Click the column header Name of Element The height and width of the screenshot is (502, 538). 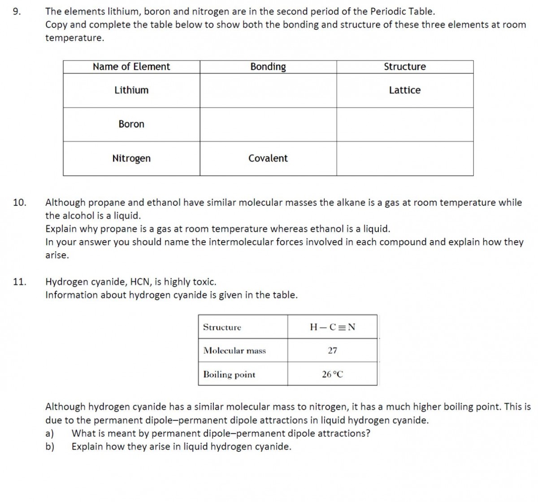(131, 67)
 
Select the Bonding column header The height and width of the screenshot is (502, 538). (268, 67)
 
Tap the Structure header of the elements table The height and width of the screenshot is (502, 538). (405, 67)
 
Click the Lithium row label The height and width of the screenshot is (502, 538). (131, 90)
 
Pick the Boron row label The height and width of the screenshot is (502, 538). (131, 124)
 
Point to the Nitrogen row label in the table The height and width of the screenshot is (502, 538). (131, 158)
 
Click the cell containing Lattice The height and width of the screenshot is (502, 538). (405, 90)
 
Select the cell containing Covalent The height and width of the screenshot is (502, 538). (268, 158)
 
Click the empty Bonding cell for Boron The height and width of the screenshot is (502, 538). (268, 124)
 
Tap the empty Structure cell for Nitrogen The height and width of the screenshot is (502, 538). (405, 158)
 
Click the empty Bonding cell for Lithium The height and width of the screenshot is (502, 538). (268, 90)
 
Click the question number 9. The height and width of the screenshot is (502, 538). (17, 12)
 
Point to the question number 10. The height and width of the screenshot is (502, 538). (19, 203)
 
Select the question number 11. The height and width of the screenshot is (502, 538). (19, 282)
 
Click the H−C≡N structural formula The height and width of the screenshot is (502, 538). (332, 327)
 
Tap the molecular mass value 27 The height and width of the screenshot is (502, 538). (332, 351)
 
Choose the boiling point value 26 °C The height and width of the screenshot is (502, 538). (332, 374)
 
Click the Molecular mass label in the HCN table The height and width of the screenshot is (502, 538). (234, 351)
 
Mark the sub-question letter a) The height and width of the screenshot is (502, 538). (50, 433)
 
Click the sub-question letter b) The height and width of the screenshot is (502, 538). (50, 447)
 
